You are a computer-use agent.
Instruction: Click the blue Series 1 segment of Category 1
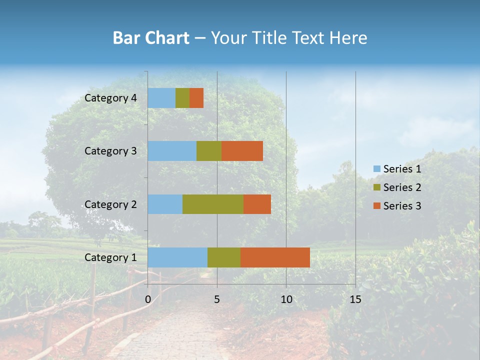(177, 257)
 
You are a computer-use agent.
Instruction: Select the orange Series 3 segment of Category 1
(275, 257)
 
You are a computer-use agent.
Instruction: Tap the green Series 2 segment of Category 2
(213, 204)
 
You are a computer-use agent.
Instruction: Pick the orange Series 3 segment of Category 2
(257, 204)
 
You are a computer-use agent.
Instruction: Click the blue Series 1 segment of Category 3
(172, 151)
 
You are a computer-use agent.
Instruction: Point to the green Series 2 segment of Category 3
(209, 151)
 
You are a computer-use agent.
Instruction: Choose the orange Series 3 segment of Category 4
(196, 98)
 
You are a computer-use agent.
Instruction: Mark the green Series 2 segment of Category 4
(182, 98)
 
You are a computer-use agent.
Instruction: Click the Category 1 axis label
(110, 257)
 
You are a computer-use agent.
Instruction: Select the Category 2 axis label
(110, 204)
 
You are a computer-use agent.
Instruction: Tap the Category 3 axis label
(110, 151)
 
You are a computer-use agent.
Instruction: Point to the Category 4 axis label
(110, 98)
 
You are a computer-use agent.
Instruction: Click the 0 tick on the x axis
(148, 299)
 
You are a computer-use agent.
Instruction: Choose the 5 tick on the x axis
(217, 299)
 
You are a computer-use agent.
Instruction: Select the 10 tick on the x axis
(286, 299)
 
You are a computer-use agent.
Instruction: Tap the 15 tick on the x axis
(355, 299)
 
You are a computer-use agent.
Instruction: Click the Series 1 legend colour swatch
(376, 169)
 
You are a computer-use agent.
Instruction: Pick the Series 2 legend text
(402, 187)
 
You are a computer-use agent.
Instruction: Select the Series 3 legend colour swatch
(376, 206)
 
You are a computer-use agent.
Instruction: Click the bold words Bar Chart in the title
(151, 38)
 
